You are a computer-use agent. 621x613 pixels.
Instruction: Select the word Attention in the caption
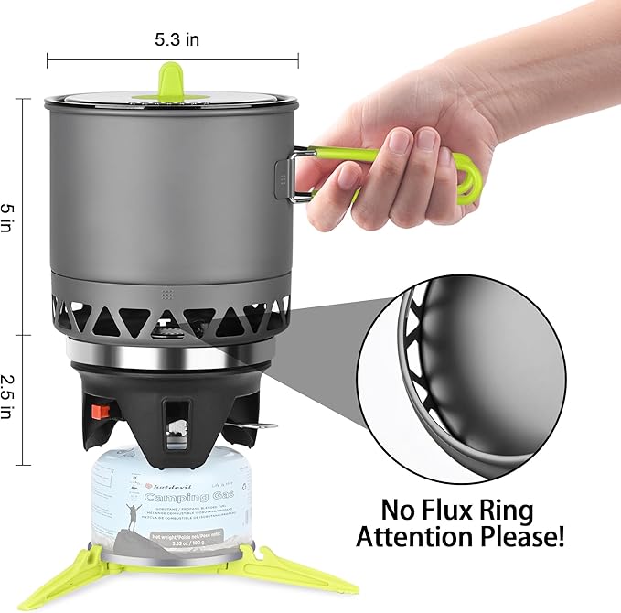[x=422, y=537]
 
